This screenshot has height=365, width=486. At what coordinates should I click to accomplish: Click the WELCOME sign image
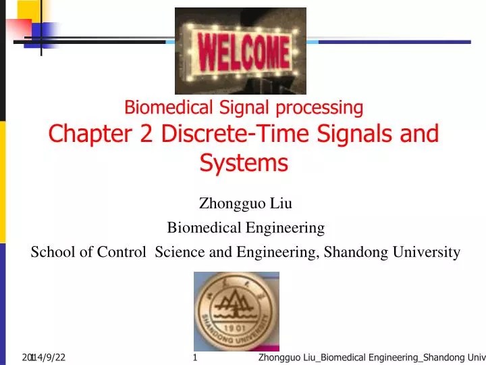(240, 51)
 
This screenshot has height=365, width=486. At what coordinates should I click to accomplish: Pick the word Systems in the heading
(244, 163)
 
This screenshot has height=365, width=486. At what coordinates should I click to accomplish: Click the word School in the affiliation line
(51, 252)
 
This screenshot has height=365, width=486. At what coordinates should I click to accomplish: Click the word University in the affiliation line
(427, 252)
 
